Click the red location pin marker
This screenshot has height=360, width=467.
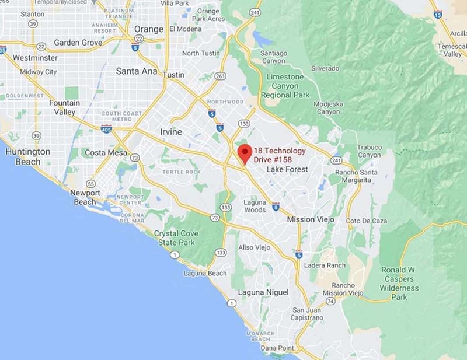click(x=245, y=152)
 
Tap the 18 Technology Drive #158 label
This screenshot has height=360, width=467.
click(x=279, y=155)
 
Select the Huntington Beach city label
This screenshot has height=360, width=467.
click(x=27, y=156)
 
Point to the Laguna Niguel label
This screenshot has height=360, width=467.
click(x=263, y=292)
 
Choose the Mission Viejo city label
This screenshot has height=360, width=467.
click(x=311, y=219)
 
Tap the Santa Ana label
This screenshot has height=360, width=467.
click(x=137, y=71)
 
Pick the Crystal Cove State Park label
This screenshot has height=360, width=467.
click(x=176, y=238)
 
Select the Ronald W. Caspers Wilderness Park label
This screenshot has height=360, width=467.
click(x=400, y=283)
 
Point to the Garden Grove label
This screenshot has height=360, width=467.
click(x=78, y=43)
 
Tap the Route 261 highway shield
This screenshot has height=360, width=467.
click(x=220, y=76)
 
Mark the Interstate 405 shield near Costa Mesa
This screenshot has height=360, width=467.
click(x=106, y=128)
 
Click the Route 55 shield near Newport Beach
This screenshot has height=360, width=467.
click(x=90, y=183)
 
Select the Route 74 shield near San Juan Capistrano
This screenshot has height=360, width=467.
click(x=330, y=301)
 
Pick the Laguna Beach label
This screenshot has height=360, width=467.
click(x=205, y=273)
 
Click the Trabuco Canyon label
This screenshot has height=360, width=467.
click(x=370, y=151)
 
